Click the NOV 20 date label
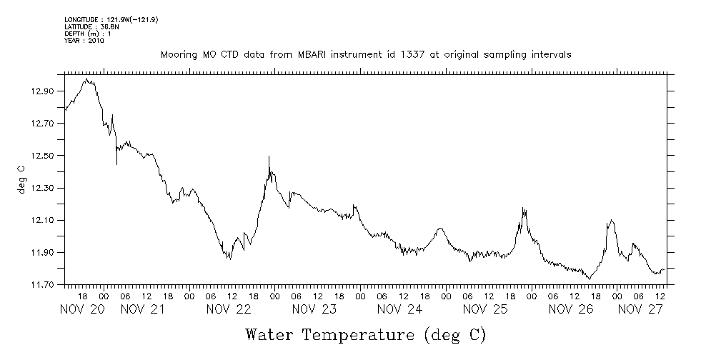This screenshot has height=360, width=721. (82, 309)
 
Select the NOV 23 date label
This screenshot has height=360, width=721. (314, 309)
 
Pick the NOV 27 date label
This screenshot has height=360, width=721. (640, 309)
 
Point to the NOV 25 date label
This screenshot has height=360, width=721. (486, 309)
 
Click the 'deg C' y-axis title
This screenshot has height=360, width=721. (21, 179)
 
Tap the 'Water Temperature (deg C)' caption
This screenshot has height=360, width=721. (365, 334)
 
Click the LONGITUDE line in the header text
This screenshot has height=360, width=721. (111, 19)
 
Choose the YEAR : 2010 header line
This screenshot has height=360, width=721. (84, 41)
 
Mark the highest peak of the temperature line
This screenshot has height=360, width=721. (86, 79)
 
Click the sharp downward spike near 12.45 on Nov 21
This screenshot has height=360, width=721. (116, 164)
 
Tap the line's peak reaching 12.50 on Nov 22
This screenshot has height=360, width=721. (269, 156)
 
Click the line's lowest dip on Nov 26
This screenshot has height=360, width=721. (590, 279)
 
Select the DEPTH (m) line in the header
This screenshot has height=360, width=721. (87, 34)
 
